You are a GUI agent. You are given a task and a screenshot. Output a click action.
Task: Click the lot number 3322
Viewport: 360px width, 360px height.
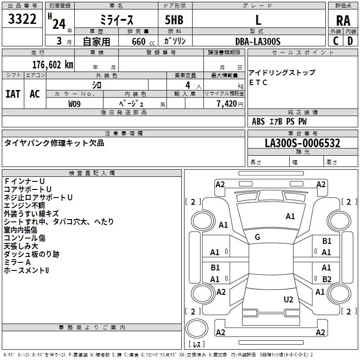(x=22, y=19)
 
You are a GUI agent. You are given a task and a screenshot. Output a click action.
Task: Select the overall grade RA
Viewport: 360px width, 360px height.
(x=343, y=21)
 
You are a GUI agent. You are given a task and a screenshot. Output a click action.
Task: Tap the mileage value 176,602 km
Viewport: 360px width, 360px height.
(x=53, y=65)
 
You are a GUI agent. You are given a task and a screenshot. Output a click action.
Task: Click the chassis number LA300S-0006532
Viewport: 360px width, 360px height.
(x=302, y=143)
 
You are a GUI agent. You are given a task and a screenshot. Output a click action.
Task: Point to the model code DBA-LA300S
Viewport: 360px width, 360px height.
(x=258, y=41)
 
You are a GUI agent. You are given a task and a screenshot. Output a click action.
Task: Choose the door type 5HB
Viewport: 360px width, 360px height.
(x=174, y=20)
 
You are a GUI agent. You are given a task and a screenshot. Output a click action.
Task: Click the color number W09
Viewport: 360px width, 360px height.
(x=74, y=104)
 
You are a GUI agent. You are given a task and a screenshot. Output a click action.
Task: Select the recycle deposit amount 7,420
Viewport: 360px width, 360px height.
(x=227, y=104)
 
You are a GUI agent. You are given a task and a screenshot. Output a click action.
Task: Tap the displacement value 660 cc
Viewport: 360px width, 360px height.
(x=143, y=41)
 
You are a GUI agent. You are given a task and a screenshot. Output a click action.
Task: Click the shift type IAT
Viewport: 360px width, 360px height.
(x=13, y=94)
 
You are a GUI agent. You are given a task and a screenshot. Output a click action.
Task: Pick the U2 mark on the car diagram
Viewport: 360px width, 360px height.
(x=288, y=299)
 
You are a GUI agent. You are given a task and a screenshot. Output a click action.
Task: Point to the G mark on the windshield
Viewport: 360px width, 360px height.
(x=257, y=237)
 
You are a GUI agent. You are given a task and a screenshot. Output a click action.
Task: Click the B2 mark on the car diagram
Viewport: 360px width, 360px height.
(x=327, y=279)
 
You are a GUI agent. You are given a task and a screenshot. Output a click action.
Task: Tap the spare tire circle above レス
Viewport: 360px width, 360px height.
(x=197, y=328)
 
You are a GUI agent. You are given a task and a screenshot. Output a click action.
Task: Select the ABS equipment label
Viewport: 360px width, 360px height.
(x=258, y=121)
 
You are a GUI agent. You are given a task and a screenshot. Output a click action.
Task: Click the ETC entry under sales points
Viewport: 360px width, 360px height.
(x=258, y=82)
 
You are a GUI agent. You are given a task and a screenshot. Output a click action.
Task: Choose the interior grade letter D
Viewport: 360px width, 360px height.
(x=350, y=41)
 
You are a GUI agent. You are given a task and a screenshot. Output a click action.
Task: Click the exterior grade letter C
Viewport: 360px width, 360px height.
(x=335, y=41)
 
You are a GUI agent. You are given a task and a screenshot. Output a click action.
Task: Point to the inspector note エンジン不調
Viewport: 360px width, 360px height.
(x=24, y=205)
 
